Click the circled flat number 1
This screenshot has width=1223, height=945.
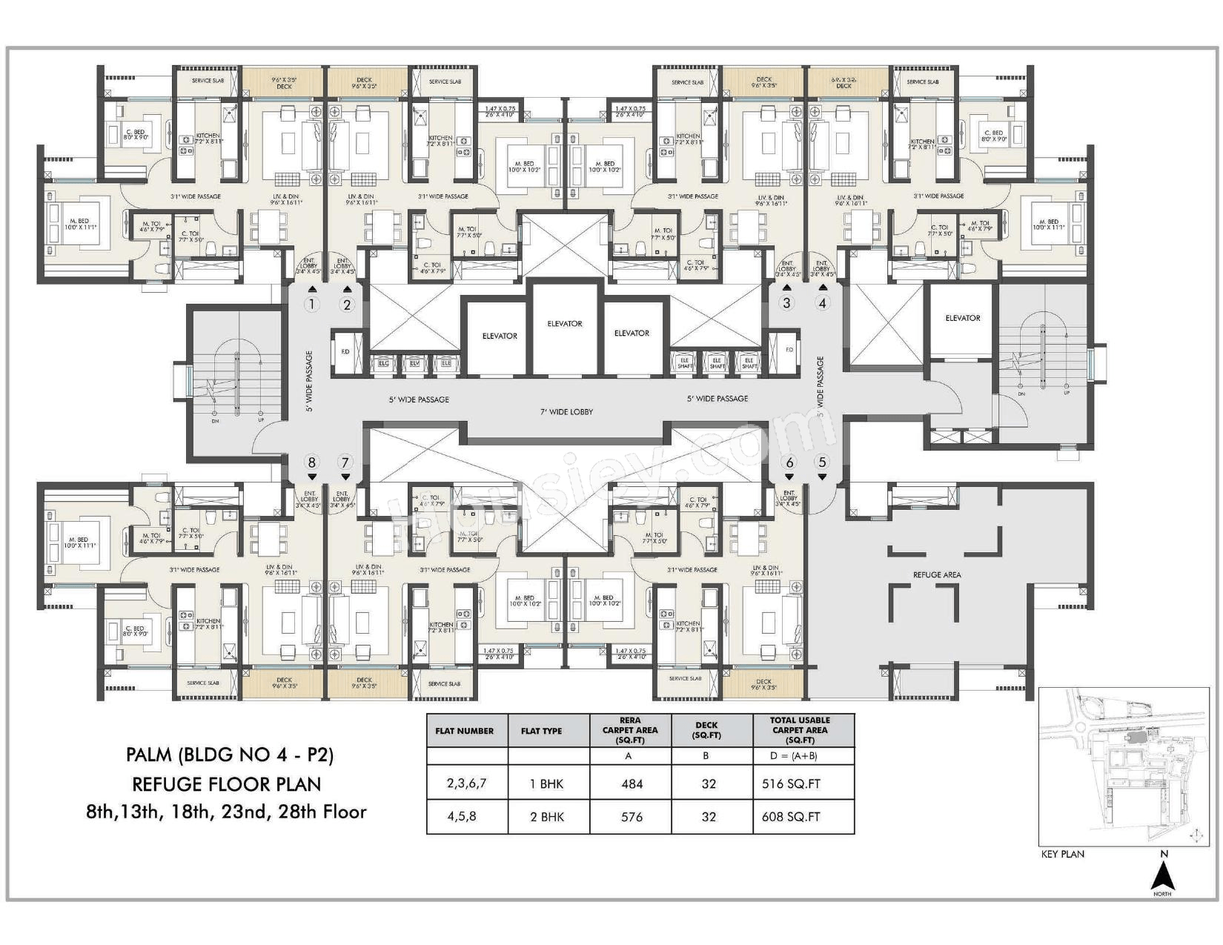312,304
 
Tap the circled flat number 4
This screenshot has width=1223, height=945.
821,302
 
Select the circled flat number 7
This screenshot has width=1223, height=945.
345,462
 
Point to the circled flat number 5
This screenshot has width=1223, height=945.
821,462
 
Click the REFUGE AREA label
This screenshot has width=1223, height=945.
937,574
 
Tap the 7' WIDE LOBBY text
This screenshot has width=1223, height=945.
566,411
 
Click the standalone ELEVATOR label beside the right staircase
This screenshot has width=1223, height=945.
962,318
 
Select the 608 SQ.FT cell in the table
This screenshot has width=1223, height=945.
791,817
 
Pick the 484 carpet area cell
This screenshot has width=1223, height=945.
632,783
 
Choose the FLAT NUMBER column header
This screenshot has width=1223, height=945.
464,731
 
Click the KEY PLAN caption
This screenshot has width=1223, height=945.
1062,854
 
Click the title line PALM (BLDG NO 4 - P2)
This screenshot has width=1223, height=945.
230,755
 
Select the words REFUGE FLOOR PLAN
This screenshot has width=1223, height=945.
227,783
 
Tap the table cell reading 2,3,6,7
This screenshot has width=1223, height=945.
466,783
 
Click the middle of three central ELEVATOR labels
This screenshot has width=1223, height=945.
565,324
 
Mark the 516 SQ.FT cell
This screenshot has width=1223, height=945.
791,783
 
